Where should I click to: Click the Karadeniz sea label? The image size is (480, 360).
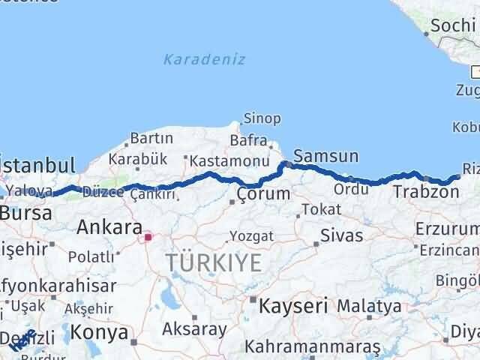[x=204, y=59]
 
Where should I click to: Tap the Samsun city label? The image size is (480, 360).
[x=325, y=157]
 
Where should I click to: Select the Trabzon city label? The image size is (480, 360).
[x=425, y=192]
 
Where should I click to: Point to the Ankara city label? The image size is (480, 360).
[x=109, y=226]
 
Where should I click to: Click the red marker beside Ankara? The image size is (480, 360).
[x=148, y=238]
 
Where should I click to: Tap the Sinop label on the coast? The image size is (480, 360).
[x=262, y=118]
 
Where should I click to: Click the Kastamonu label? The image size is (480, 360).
[x=229, y=160]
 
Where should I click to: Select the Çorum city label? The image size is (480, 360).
[x=262, y=193]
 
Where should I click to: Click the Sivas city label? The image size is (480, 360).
[x=341, y=235]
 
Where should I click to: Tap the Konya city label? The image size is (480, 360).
[x=98, y=331]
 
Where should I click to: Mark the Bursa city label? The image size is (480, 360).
[x=26, y=213]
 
